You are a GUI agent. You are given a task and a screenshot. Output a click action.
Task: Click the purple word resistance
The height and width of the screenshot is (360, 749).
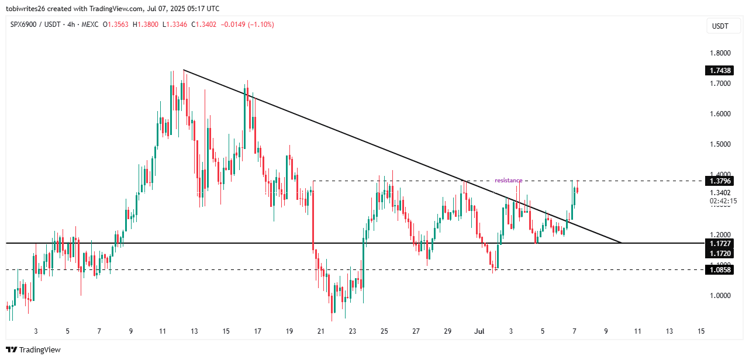[508, 181]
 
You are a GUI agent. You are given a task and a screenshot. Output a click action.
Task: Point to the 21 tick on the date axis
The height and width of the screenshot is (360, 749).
[320, 331]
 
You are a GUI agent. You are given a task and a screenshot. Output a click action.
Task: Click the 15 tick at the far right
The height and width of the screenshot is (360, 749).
[701, 331]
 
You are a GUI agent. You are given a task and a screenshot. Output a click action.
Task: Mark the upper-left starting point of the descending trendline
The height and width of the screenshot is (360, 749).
[184, 70]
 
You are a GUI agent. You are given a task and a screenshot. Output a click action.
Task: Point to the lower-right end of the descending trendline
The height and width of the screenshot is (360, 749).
[621, 242]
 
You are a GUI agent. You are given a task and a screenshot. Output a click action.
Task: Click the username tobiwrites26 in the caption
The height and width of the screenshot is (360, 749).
[30, 8]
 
